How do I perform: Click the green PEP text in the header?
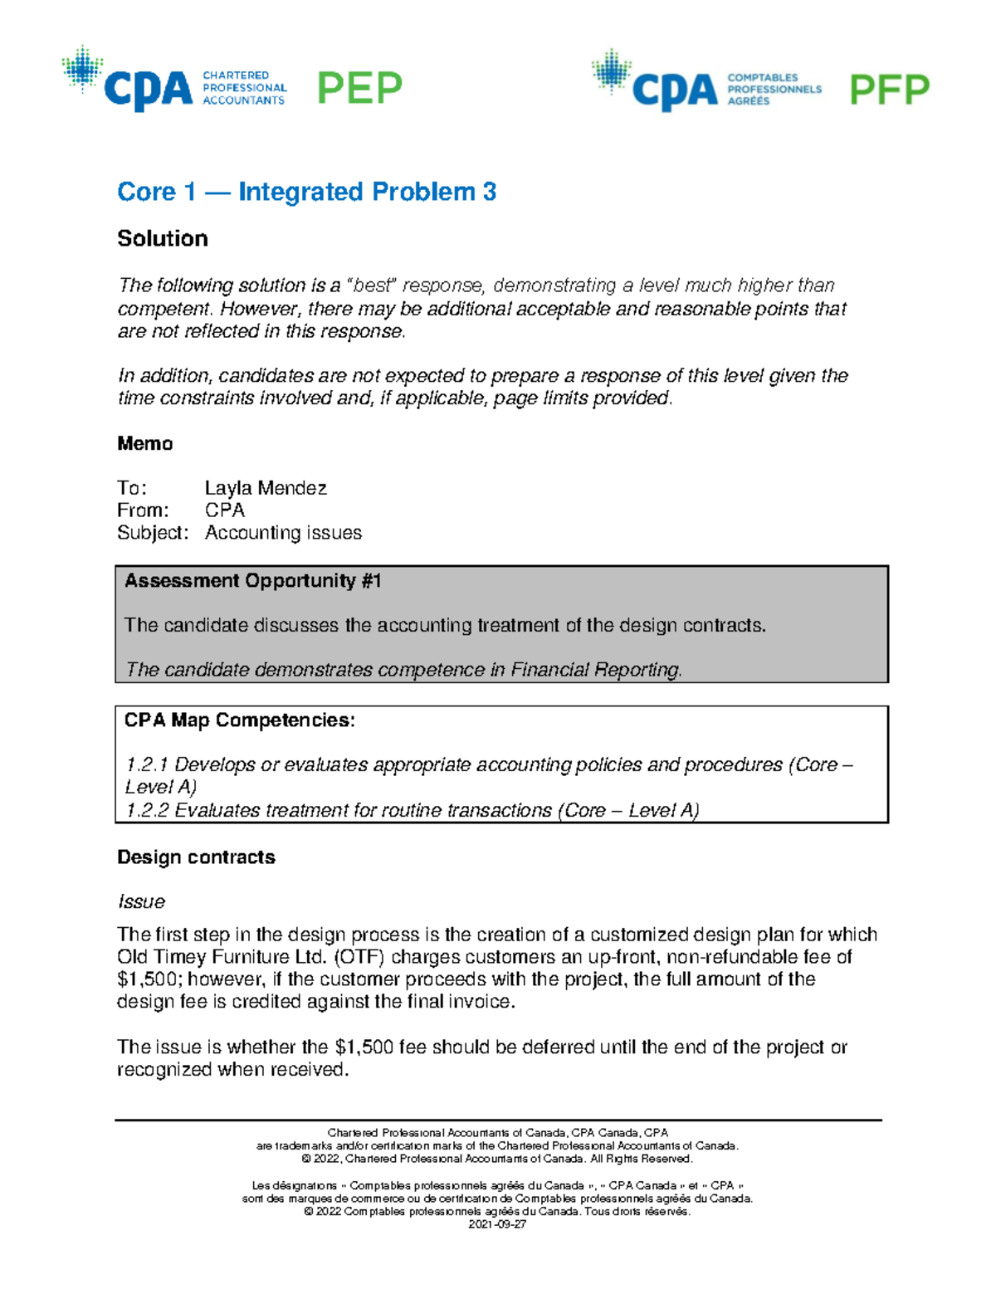(359, 88)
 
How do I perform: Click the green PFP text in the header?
(889, 90)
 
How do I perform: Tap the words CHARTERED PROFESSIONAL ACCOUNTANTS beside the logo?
(244, 88)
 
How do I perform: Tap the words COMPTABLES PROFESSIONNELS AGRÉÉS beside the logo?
(774, 89)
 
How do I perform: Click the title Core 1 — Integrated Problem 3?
(306, 192)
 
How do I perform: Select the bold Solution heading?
(163, 239)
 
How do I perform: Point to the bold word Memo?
(145, 444)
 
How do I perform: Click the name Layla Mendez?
(266, 488)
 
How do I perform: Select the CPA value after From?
(225, 510)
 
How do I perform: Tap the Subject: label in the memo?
(153, 533)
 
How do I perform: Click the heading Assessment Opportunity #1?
(252, 581)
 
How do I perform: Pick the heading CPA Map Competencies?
(239, 720)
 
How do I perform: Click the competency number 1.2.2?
(147, 811)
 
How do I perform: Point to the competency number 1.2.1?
(147, 765)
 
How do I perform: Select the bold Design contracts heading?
(196, 857)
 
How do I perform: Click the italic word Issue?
(141, 902)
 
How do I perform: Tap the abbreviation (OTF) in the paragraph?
(359, 957)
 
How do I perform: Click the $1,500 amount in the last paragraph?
(364, 1047)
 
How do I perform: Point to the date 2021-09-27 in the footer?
(497, 1225)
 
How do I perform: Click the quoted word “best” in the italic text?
(373, 286)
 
